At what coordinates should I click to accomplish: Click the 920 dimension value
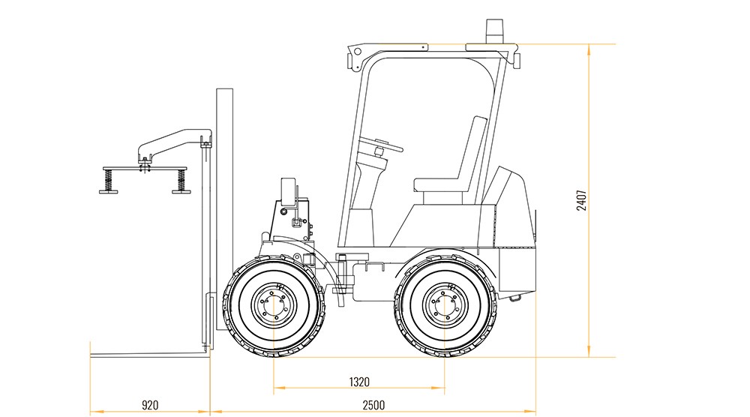150,405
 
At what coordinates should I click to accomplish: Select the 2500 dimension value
373,405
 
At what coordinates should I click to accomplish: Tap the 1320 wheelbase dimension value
359,382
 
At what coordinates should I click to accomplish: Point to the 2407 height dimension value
581,200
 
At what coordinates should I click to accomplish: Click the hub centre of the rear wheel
445,304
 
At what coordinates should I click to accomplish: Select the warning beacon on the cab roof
494,31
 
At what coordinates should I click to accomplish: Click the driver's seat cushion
439,184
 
